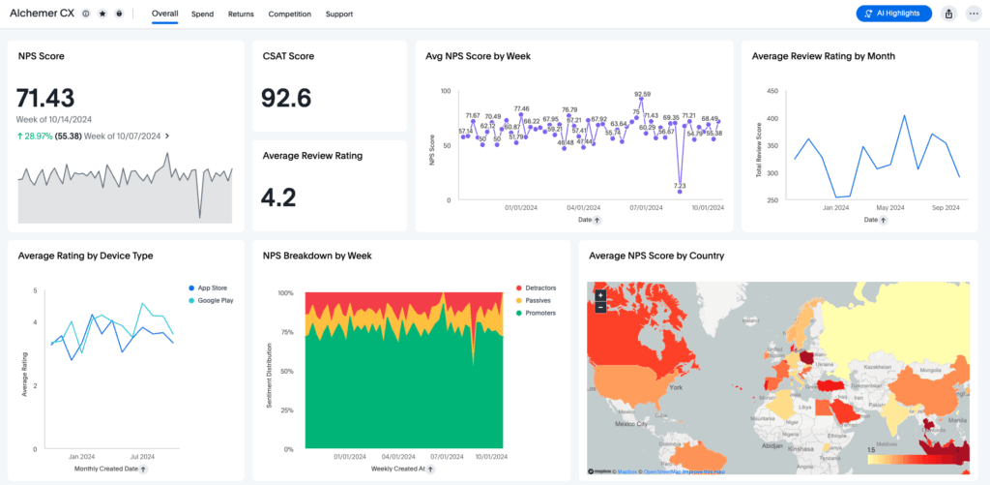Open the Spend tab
(203, 15)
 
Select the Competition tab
(290, 15)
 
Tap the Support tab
(339, 15)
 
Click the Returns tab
(242, 15)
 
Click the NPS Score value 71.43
(46, 97)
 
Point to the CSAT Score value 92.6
(287, 98)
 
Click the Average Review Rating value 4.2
(278, 197)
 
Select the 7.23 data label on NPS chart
(680, 186)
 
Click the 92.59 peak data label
(643, 95)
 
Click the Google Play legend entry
(215, 300)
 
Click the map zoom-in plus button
(600, 294)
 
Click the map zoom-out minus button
(600, 307)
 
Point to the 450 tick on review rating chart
(772, 92)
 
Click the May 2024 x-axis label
(888, 207)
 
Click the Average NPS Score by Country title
(656, 256)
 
